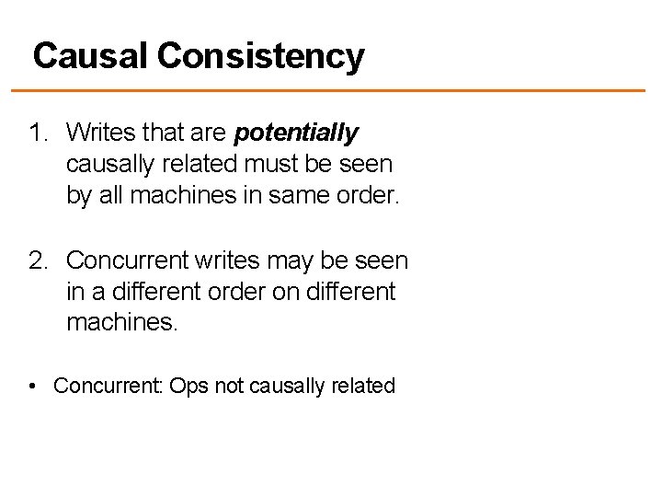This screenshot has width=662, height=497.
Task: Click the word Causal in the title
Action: click(89, 57)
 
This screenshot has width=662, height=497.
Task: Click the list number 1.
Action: click(38, 134)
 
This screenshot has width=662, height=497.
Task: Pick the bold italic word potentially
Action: click(295, 134)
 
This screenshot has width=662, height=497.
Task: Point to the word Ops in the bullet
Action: click(188, 386)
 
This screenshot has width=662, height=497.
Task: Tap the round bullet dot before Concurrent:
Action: click(33, 386)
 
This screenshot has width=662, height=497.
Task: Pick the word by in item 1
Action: click(78, 197)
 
